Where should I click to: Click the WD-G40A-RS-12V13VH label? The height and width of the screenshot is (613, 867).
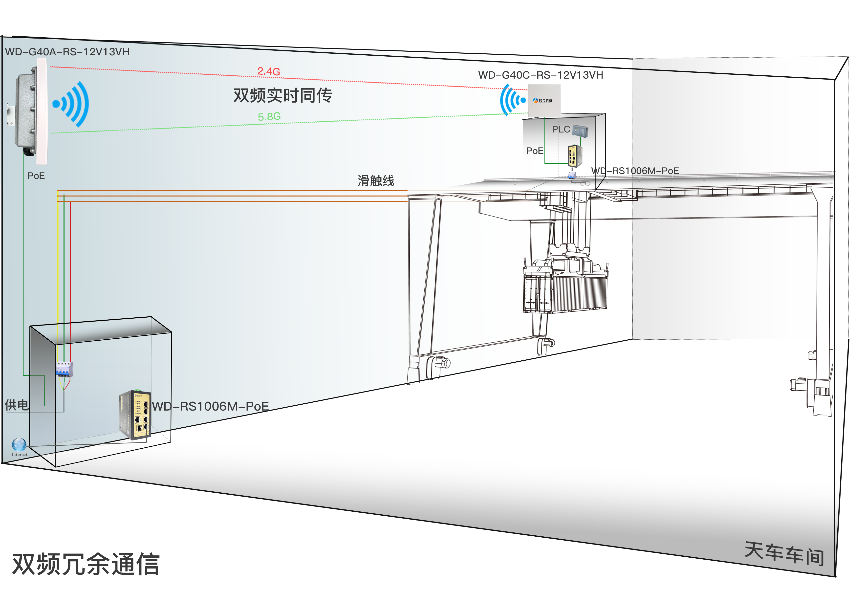[x=67, y=52]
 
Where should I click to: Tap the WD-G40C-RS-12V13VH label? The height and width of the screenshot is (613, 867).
[x=540, y=75]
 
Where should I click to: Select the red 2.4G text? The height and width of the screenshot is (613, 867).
[x=268, y=71]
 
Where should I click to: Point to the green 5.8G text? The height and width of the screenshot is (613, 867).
[x=269, y=117]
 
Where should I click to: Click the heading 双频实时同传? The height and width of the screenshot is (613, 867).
[x=282, y=95]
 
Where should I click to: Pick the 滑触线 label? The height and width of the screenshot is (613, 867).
[x=376, y=180]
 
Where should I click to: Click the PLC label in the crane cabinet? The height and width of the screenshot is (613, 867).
[x=561, y=130]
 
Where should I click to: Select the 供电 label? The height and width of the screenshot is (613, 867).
[x=17, y=405]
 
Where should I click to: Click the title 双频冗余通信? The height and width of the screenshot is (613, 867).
[x=86, y=564]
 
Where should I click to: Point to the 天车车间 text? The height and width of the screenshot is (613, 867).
[x=784, y=554]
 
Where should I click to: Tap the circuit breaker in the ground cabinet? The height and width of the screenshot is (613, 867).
[x=64, y=369]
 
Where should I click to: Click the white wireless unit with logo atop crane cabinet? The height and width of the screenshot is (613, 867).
[x=544, y=100]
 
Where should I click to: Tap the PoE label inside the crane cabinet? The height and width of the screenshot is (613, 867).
[x=535, y=151]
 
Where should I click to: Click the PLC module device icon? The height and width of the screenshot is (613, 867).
[x=580, y=130]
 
